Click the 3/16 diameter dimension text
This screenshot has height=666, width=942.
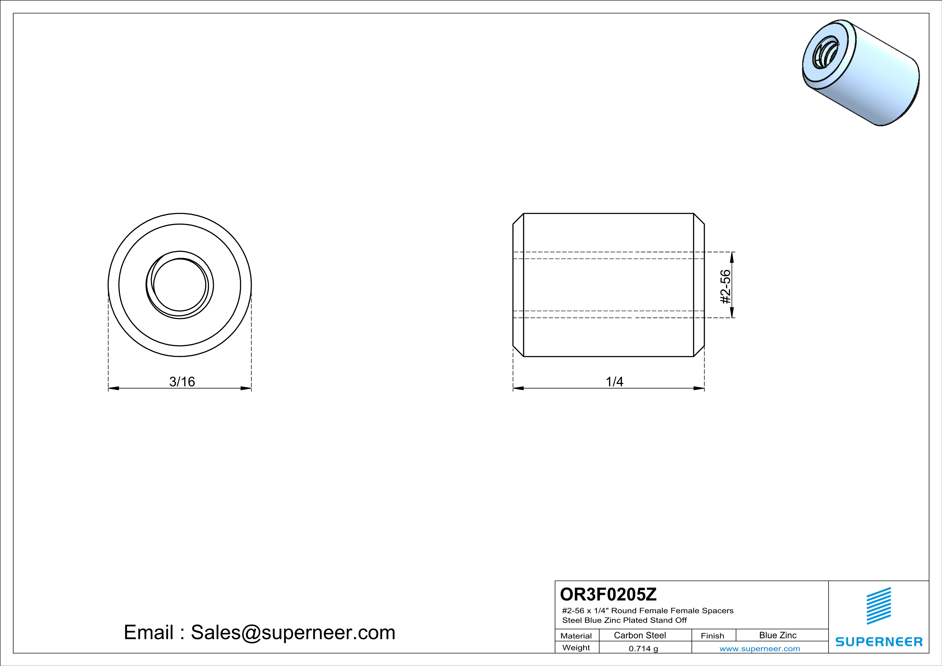182,382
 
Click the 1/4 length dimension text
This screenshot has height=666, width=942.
614,382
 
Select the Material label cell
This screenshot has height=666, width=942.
576,636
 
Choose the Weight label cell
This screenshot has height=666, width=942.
576,647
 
